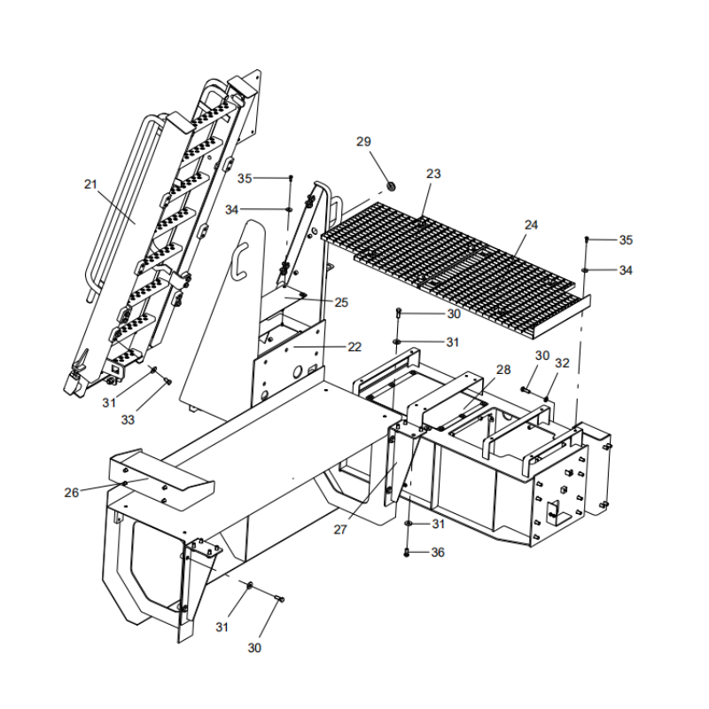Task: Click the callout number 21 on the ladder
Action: [x=90, y=183]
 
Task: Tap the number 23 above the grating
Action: [x=432, y=174]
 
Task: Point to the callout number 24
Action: [x=531, y=225]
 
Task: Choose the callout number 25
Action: [x=341, y=302]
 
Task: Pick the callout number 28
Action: [x=503, y=369]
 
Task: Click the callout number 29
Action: [x=364, y=142]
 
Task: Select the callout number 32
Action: [x=562, y=362]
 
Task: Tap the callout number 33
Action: [x=129, y=419]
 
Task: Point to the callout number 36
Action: [x=438, y=552]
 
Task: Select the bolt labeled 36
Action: [x=407, y=553]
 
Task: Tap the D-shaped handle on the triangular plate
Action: [x=238, y=262]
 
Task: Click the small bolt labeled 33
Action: [x=167, y=381]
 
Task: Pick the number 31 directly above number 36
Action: [x=438, y=525]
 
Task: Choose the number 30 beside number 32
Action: [x=541, y=355]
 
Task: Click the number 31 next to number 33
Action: [x=109, y=402]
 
